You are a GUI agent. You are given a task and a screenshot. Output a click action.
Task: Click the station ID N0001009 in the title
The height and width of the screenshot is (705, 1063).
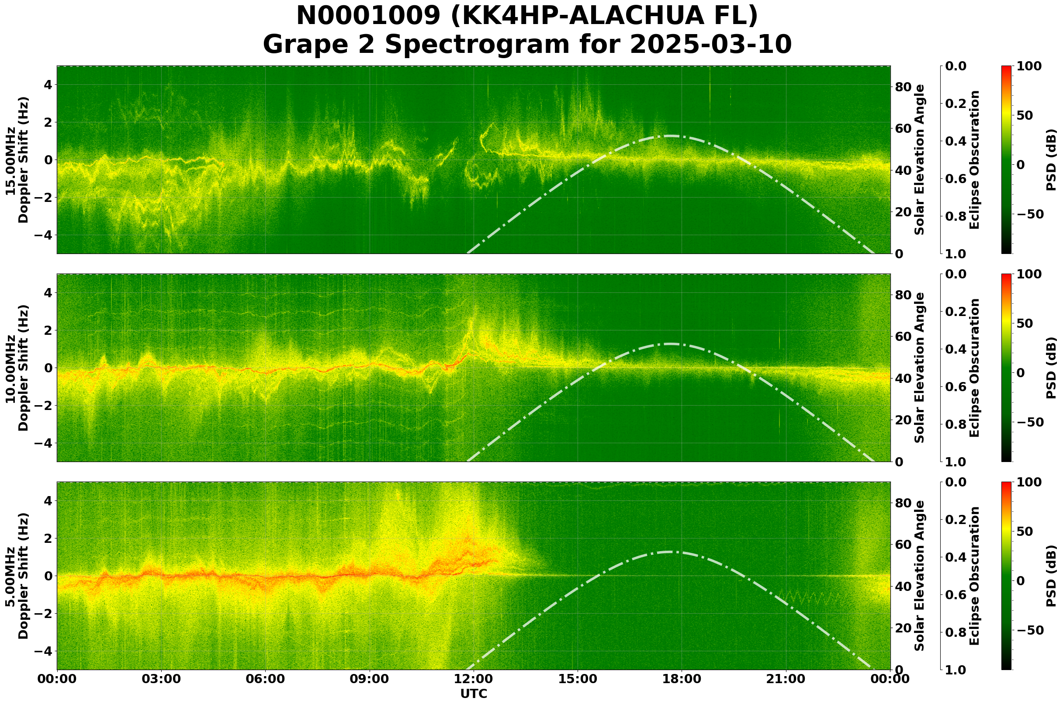click(369, 17)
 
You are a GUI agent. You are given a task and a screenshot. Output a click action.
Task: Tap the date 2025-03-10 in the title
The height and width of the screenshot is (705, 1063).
click(710, 45)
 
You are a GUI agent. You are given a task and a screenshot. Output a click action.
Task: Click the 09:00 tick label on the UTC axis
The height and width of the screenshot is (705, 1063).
click(369, 679)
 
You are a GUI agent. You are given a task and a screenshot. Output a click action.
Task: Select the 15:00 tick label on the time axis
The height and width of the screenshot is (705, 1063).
click(578, 679)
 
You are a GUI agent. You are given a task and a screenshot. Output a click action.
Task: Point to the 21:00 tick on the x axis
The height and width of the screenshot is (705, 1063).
click(786, 679)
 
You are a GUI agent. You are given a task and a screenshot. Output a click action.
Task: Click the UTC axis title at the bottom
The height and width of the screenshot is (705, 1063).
click(473, 694)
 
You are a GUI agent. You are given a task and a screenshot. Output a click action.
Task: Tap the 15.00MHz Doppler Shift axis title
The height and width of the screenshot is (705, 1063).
click(17, 160)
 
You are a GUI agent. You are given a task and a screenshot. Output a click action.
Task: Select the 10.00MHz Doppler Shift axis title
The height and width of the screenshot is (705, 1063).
click(17, 368)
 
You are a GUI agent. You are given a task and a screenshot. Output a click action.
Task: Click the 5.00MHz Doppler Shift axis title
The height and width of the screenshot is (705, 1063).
click(17, 576)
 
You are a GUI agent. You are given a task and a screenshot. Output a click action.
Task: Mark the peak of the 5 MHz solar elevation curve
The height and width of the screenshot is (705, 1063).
click(670, 552)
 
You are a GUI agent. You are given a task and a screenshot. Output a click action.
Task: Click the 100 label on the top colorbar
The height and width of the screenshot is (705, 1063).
click(1028, 66)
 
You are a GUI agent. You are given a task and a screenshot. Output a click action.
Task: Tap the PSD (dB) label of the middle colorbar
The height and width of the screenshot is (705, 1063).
click(1051, 368)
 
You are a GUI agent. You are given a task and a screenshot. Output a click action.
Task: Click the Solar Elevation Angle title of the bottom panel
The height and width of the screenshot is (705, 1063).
click(920, 576)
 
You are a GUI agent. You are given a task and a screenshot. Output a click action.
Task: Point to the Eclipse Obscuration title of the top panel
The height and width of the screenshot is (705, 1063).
click(974, 160)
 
